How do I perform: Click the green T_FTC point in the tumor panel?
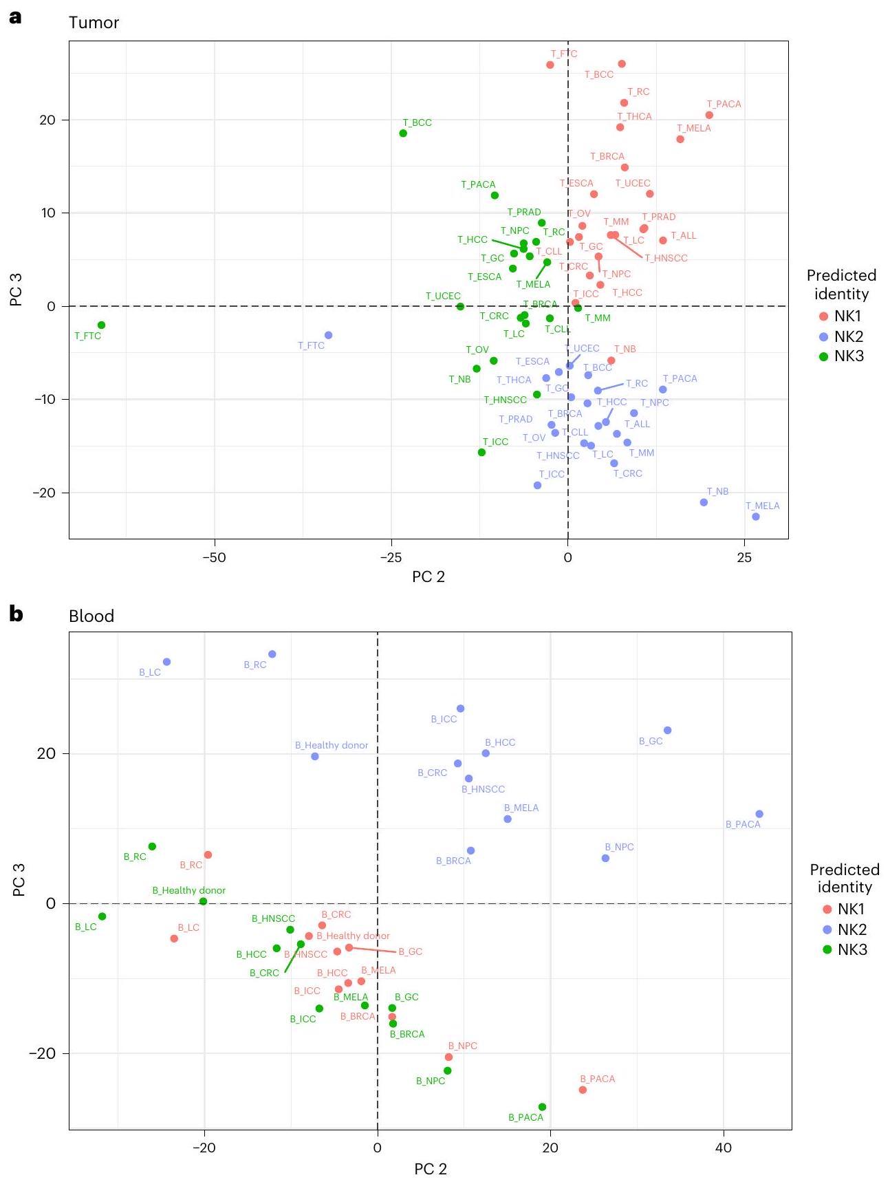point(101,325)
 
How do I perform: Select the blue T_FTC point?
point(328,335)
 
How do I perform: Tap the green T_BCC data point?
point(403,133)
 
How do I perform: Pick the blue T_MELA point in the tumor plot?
point(755,516)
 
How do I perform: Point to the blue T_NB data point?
point(704,502)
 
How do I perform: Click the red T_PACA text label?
point(724,104)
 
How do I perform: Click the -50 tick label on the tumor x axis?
point(214,557)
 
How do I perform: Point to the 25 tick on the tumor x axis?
point(744,557)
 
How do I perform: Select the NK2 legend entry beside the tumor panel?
point(840,336)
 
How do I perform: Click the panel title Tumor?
point(94,23)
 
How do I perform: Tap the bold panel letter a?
point(15,17)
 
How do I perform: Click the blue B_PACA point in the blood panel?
point(759,814)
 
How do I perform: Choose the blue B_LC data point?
point(166,662)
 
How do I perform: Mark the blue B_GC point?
point(667,730)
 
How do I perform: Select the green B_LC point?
point(102,916)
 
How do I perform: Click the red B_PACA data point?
point(583,1090)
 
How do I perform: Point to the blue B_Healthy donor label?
point(332,745)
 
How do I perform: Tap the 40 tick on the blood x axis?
point(724,1148)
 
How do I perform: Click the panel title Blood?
point(91,616)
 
